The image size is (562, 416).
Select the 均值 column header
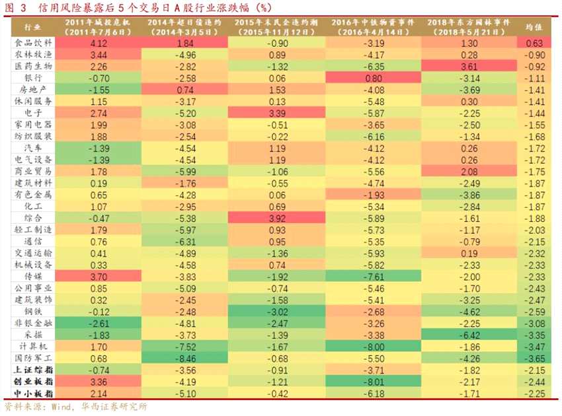[535, 27]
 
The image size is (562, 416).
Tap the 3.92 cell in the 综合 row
[277, 218]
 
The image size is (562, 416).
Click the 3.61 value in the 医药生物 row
[469, 67]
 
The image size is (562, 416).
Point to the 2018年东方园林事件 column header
[469, 26]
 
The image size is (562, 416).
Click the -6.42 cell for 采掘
[469, 335]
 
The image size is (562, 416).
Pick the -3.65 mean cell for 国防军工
[535, 358]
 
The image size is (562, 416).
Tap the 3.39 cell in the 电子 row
[277, 114]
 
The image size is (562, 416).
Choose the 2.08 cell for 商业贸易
[469, 172]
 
